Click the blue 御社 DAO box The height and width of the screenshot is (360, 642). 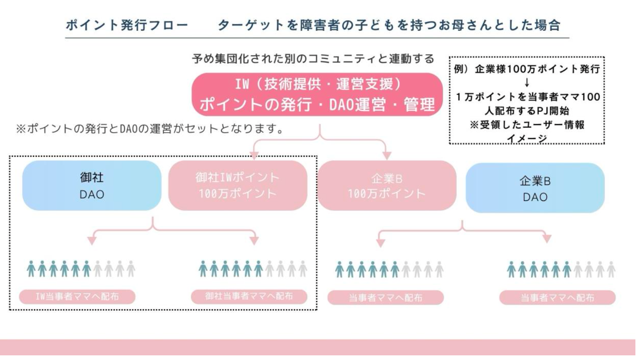[92, 185]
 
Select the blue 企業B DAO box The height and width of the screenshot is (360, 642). [535, 188]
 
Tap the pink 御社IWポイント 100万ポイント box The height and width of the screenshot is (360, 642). [238, 185]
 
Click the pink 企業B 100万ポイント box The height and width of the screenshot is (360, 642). [387, 186]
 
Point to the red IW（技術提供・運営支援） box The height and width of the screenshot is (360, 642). [317, 94]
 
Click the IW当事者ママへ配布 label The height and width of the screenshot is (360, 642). [77, 297]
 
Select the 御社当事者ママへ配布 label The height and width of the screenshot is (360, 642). [249, 296]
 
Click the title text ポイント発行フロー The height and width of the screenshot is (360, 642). [127, 25]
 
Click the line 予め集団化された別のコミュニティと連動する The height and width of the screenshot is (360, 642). [313, 59]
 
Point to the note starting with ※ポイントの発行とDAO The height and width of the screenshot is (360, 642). [149, 128]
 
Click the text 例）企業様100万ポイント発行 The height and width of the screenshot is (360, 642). [526, 69]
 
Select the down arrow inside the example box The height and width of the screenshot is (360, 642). [527, 83]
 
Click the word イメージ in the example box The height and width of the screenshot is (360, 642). [527, 138]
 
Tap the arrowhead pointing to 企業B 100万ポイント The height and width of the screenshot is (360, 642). [387, 156]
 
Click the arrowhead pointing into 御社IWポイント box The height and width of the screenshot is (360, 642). [254, 156]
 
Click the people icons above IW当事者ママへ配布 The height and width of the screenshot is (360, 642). [81, 269]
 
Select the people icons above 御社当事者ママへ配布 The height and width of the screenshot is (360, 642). [253, 269]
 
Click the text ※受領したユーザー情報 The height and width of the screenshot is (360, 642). [527, 125]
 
